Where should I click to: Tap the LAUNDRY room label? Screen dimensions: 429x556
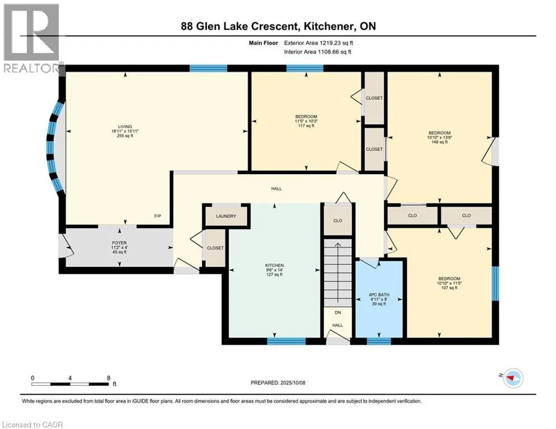click(x=226, y=216)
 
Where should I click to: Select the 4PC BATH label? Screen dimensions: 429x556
click(x=379, y=294)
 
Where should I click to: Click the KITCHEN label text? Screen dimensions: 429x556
click(x=274, y=265)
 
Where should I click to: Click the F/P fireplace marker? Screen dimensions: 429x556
click(x=158, y=216)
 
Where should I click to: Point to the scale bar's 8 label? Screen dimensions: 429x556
click(x=107, y=378)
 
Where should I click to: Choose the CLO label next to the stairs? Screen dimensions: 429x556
click(x=338, y=221)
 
